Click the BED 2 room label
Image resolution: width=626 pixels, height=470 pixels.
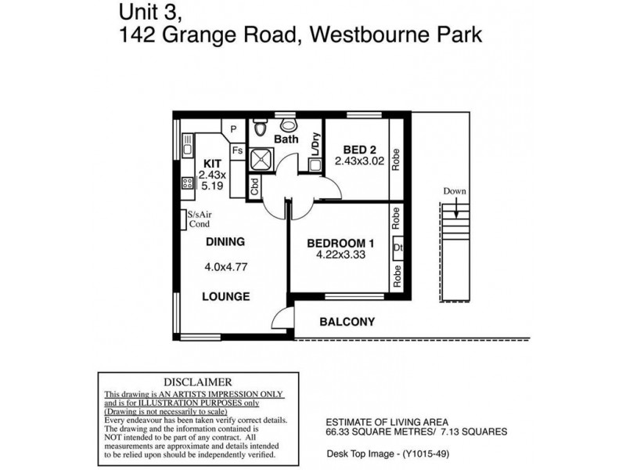tap(356, 149)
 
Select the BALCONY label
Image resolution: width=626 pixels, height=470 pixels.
tap(347, 321)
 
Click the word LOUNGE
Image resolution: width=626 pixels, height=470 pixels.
tap(225, 297)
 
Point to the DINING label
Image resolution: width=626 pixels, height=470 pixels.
tap(225, 241)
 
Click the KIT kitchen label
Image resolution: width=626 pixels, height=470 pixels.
tap(213, 164)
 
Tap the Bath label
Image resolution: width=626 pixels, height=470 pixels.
tap(286, 139)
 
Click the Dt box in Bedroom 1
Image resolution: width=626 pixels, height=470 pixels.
tap(398, 250)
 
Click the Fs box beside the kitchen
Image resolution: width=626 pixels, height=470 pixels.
tap(237, 149)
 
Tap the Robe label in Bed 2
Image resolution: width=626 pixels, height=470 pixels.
tap(397, 156)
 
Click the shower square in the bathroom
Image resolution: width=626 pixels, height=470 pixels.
tap(261, 160)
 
